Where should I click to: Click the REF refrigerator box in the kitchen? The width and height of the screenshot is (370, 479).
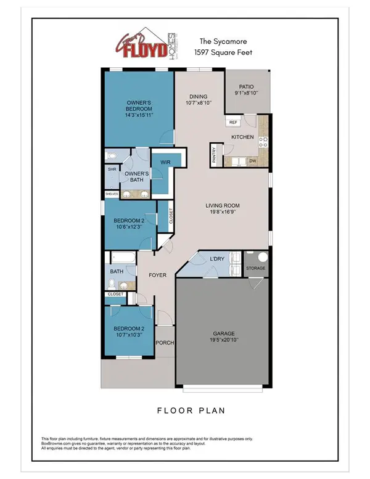(233, 123)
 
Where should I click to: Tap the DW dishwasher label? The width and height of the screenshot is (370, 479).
(253, 162)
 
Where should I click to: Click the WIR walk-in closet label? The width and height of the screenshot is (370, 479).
(165, 163)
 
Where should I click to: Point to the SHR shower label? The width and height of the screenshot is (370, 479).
(112, 168)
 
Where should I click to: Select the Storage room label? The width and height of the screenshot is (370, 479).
(255, 268)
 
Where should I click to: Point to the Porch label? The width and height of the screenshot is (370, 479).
(164, 343)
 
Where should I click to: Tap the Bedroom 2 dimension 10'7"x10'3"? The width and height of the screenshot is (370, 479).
(128, 335)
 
